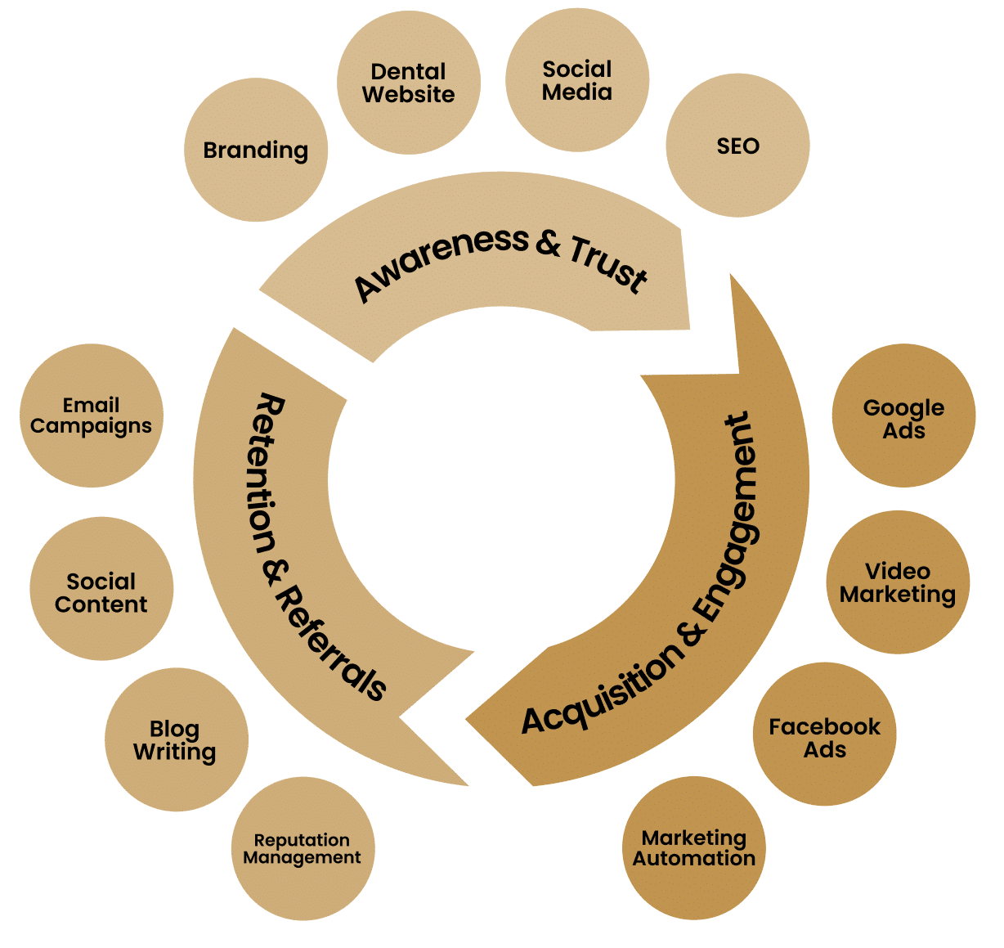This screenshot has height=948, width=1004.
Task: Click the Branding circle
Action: click(255, 151)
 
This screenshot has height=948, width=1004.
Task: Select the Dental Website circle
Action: click(408, 83)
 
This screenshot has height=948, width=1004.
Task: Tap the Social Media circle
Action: click(576, 81)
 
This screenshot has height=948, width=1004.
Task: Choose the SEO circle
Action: click(737, 146)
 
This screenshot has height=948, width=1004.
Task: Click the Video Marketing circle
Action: click(898, 582)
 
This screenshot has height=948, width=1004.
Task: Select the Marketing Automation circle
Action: click(694, 848)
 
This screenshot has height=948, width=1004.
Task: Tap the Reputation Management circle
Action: click(303, 849)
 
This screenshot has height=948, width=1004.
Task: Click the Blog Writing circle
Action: click(176, 740)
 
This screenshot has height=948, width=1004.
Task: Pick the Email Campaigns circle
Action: click(91, 416)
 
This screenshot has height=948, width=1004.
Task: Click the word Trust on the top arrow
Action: click(608, 262)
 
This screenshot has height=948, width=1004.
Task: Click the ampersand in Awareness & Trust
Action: click(547, 242)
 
